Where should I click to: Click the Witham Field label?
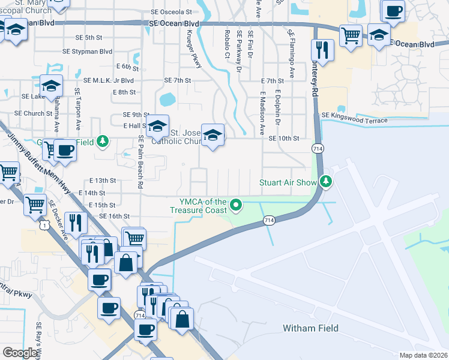pyautogui.click(x=310, y=328)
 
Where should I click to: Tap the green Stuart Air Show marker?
pyautogui.click(x=326, y=181)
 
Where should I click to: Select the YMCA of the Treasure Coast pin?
pyautogui.click(x=237, y=206)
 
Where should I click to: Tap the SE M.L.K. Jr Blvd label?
pyautogui.click(x=108, y=80)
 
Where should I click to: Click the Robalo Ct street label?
pyautogui.click(x=227, y=43)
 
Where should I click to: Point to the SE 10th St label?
pyautogui.click(x=283, y=139)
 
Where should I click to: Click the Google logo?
pyautogui.click(x=20, y=353)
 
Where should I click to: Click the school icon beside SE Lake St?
pyautogui.click(x=52, y=86)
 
